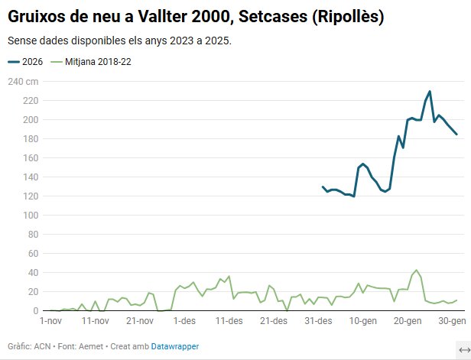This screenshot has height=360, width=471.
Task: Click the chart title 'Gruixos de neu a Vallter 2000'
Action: point(196,16)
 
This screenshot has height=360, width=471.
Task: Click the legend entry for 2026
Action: point(26,62)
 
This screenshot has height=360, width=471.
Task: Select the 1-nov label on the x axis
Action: point(50,320)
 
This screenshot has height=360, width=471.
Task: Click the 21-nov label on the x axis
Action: point(141,320)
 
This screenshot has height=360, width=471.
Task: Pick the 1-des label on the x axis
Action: point(186,320)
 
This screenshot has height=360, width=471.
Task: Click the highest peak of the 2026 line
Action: point(430,91)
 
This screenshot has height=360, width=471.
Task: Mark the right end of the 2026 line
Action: point(456,135)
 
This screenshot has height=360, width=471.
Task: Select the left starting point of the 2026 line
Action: point(323,186)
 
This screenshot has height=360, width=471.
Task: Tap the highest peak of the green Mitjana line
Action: point(416,271)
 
